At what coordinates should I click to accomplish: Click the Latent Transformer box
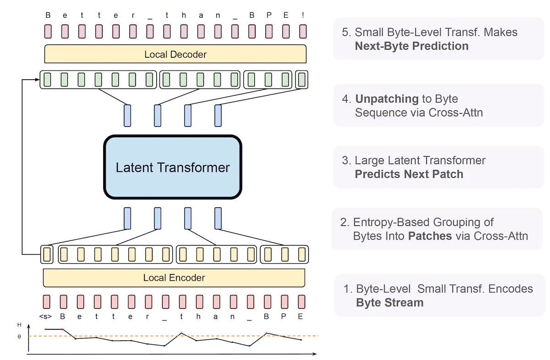click(172, 167)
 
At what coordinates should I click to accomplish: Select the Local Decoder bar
click(175, 54)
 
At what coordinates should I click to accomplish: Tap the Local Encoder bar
click(174, 278)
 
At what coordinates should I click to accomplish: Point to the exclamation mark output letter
click(302, 15)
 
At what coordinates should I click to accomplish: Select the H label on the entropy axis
click(19, 325)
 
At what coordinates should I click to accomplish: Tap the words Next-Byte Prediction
click(412, 46)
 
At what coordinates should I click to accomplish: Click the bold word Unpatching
click(387, 99)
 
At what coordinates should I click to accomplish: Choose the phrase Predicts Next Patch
click(409, 174)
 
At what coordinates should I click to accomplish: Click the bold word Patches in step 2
click(430, 236)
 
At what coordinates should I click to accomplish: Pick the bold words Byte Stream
click(390, 302)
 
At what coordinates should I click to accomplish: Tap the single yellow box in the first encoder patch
click(47, 254)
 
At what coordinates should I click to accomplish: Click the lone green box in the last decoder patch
click(302, 80)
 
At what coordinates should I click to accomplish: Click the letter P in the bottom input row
click(285, 316)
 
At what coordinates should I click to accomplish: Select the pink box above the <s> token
click(46, 302)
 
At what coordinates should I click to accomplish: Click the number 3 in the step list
click(346, 161)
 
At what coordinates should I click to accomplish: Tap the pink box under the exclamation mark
click(302, 31)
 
